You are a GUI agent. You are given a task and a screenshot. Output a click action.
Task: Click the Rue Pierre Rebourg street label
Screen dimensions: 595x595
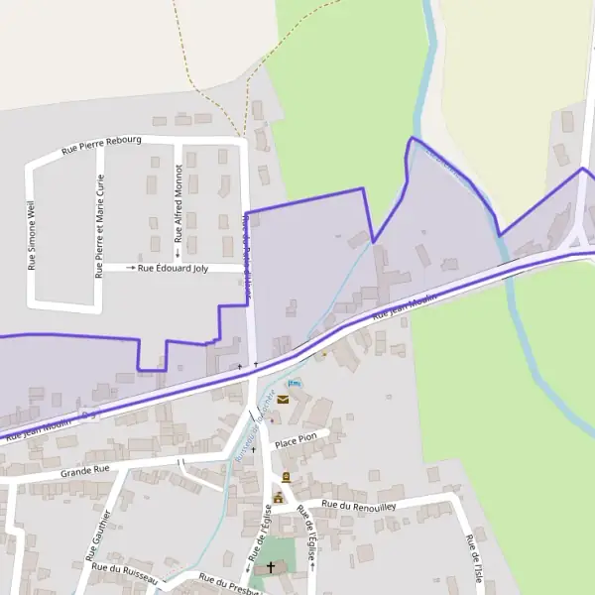click(102, 146)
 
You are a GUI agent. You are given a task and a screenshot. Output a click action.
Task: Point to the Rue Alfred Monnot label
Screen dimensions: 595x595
click(178, 204)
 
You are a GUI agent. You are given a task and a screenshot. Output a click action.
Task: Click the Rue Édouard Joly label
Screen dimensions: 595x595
click(173, 268)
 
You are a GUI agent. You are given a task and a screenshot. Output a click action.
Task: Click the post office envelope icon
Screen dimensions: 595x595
click(283, 400)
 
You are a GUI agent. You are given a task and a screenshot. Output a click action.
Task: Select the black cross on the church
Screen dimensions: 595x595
click(270, 567)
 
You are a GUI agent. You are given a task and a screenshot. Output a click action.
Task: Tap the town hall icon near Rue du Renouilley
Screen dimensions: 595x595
click(279, 498)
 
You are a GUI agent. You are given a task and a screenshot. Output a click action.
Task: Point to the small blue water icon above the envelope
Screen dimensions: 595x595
click(292, 383)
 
